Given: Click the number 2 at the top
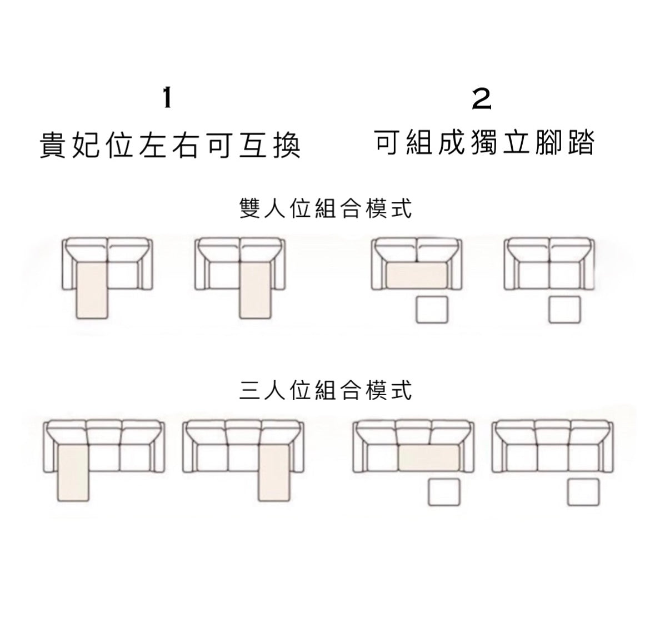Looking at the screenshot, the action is click(481, 99).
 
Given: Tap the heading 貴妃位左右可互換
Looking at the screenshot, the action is click(170, 145).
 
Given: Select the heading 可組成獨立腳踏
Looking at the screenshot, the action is click(484, 142).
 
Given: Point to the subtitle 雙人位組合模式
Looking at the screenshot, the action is click(326, 208).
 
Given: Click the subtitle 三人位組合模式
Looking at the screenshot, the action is click(326, 390).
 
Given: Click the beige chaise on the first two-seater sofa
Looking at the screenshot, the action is click(92, 290).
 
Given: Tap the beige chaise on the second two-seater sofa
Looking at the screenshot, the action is click(255, 290).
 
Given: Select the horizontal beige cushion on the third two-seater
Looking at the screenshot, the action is click(417, 275).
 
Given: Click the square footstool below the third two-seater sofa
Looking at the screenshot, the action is click(432, 310).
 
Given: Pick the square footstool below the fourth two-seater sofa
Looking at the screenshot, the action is click(565, 310).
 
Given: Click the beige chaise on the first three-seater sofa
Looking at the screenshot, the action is click(73, 473).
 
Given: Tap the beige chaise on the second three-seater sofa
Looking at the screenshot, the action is click(274, 473).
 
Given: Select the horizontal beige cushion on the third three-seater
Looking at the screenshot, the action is click(429, 457).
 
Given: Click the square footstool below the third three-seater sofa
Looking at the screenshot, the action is click(444, 492).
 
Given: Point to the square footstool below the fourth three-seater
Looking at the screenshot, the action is click(583, 492).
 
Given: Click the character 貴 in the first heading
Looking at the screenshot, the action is click(53, 145).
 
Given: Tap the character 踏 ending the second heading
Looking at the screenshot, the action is click(582, 142).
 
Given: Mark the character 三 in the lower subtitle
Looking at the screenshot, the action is click(250, 390).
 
